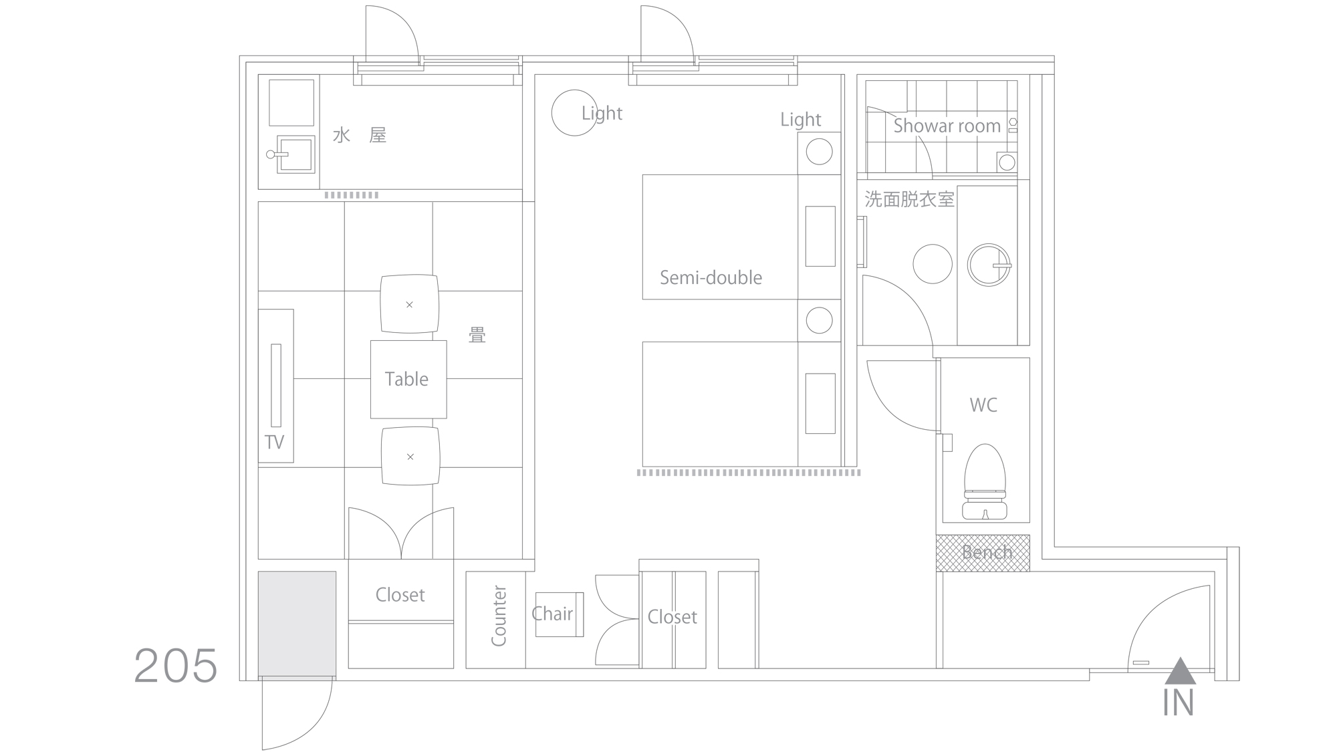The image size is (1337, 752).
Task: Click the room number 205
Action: [176, 666]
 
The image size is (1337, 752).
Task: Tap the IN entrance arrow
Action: [1180, 671]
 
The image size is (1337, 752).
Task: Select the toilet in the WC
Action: [985, 481]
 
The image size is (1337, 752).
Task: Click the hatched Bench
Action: [983, 553]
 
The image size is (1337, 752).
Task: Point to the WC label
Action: [983, 405]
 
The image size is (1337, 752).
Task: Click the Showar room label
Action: [947, 126]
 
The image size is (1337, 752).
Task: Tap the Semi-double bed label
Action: [711, 277]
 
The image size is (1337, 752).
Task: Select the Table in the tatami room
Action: [408, 380]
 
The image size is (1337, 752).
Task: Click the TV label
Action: [275, 443]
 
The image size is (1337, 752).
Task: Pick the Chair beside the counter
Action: [560, 614]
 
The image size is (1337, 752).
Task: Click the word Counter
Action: [499, 616]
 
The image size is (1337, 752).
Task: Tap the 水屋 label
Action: [360, 136]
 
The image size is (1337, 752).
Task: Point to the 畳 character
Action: [477, 335]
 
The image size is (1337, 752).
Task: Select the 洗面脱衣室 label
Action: [909, 199]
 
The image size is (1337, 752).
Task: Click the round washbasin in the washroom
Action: [989, 265]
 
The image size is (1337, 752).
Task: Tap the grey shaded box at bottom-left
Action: [297, 624]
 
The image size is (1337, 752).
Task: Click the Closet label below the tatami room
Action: [400, 595]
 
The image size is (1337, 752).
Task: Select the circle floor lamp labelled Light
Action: [574, 113]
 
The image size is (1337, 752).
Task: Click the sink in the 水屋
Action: [294, 154]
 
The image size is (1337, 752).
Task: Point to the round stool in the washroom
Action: [933, 263]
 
